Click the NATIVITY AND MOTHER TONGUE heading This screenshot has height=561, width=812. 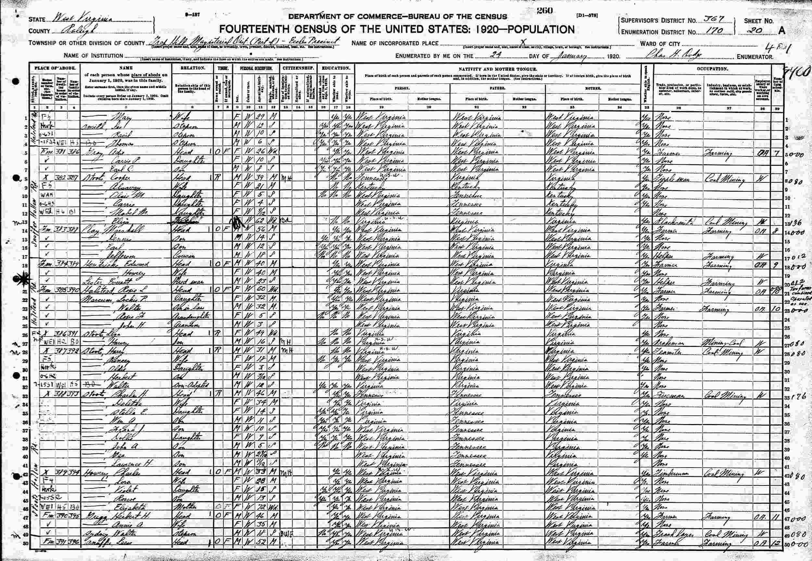[x=498, y=69]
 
